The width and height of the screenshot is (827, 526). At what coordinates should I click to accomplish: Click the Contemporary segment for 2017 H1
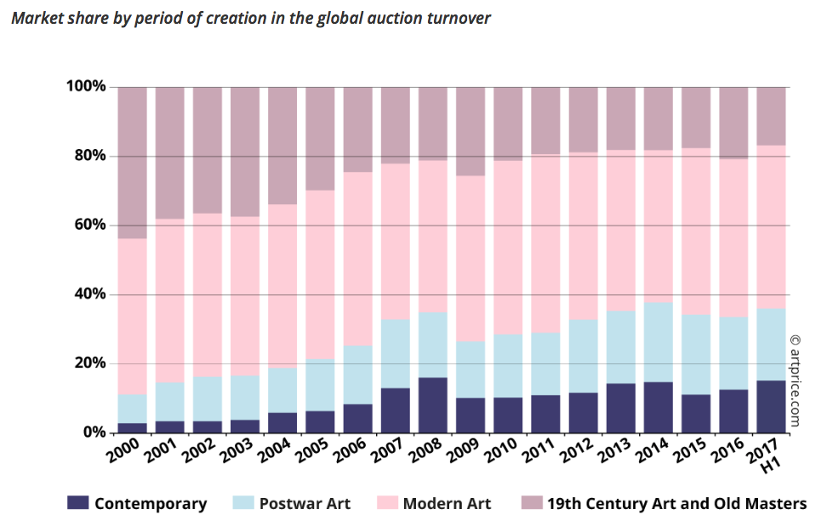(x=771, y=407)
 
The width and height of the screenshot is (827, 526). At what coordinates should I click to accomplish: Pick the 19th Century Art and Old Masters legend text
(x=676, y=503)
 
